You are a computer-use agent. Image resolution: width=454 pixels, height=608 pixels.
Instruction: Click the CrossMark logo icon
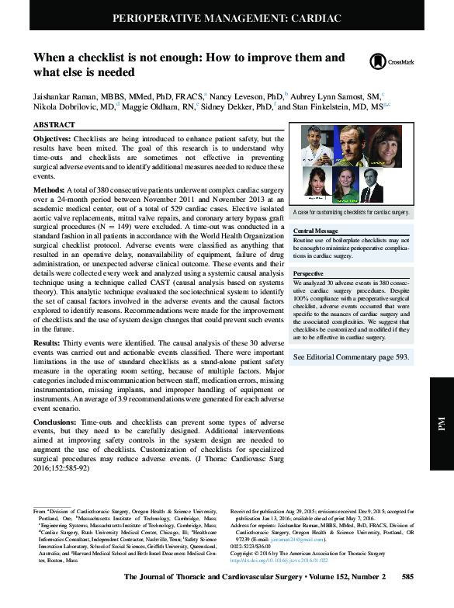378,61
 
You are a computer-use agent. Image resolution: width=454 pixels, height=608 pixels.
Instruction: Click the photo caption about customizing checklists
349,212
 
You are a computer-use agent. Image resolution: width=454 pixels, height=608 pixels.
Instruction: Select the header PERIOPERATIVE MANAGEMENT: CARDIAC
227,16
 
